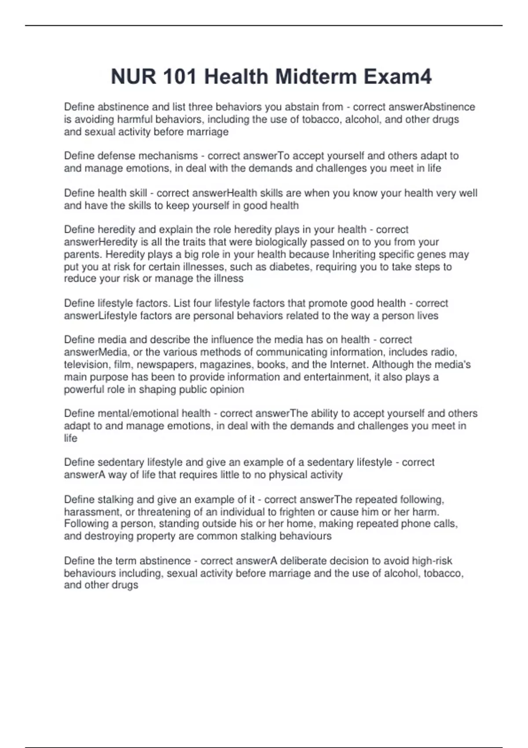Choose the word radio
444,352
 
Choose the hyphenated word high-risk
432,561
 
